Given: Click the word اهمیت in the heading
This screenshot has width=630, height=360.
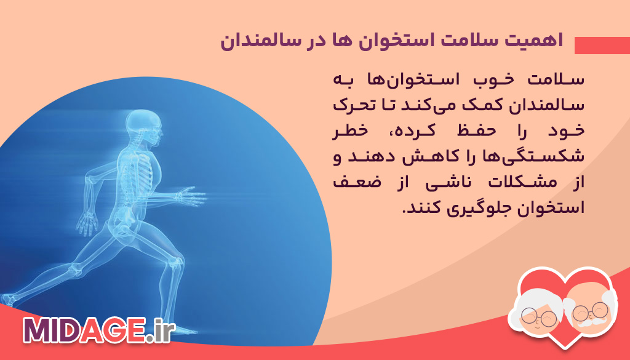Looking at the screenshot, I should pos(534,42).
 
